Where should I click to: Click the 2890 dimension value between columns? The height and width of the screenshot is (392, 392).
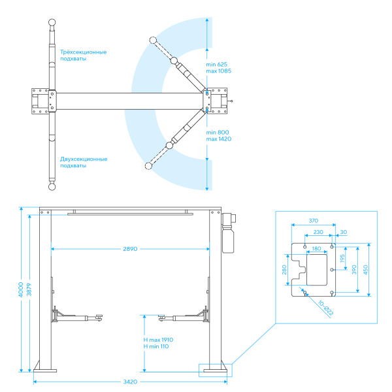tap(130, 249)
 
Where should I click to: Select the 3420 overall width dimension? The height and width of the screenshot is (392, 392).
tap(130, 382)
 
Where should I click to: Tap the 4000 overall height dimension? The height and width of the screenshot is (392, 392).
tap(21, 289)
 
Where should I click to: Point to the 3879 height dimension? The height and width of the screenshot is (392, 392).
tap(29, 289)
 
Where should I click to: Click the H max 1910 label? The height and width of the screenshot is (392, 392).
tap(158, 340)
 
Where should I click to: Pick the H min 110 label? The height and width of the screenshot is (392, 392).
tap(156, 346)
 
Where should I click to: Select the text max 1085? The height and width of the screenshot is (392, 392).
tap(218, 71)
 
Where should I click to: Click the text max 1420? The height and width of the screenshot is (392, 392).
tap(219, 139)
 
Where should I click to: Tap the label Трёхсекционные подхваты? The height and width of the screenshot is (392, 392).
tap(83, 56)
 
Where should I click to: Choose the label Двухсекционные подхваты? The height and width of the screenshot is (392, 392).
tap(84, 162)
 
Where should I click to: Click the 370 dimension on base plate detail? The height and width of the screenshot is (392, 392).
tap(313, 221)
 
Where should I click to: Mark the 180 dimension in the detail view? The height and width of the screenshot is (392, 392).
tap(316, 248)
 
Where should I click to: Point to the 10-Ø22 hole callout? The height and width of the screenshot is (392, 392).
tap(325, 308)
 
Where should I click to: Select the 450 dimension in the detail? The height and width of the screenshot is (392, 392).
tap(365, 270)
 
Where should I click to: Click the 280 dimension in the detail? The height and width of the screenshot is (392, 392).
tap(284, 270)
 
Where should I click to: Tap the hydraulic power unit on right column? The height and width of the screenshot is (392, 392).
tap(229, 233)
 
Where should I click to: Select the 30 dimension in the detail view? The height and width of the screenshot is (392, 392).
tap(344, 232)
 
